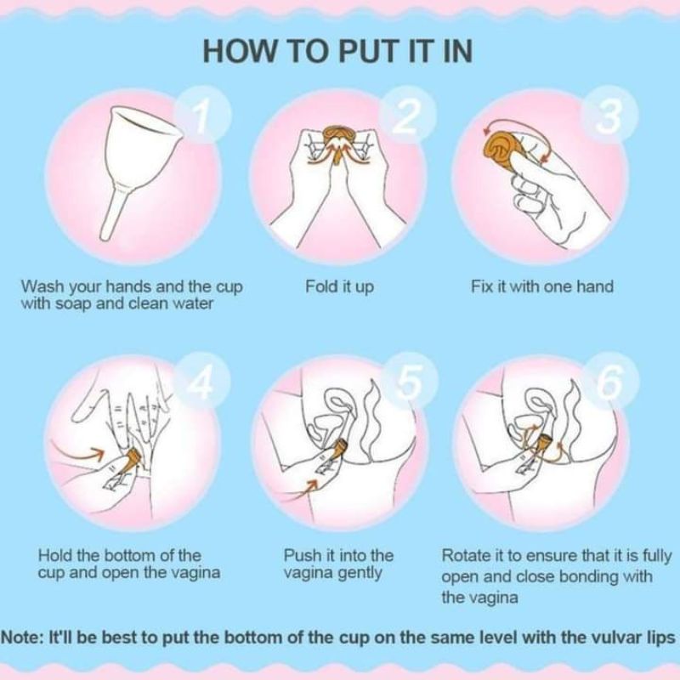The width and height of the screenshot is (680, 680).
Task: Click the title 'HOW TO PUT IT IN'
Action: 337,51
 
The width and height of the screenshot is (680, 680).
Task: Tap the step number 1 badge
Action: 201,115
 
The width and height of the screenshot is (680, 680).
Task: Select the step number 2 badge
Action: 407,115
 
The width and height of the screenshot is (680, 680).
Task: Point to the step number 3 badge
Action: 609,115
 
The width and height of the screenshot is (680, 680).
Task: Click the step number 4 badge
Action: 201,380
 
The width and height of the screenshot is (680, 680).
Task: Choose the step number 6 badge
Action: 610,380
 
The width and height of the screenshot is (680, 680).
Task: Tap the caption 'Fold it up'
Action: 339,287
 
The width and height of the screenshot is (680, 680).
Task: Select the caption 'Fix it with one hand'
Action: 542,286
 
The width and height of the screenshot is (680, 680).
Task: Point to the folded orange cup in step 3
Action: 503,148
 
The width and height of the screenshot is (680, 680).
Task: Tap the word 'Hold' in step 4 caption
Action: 55,556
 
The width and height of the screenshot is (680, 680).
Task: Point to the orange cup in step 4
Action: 131,461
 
